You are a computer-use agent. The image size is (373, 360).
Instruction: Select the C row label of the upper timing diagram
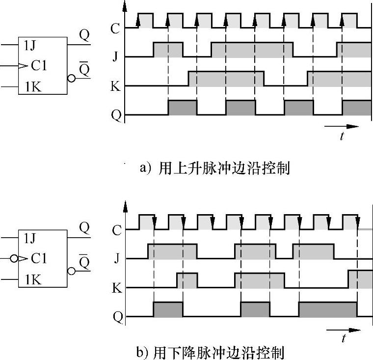point(115,28)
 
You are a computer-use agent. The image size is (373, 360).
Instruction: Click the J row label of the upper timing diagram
point(115,56)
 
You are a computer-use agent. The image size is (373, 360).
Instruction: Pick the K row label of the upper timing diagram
point(115,85)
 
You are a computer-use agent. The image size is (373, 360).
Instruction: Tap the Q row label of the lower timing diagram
point(116,317)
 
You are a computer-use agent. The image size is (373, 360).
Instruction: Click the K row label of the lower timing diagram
point(116,287)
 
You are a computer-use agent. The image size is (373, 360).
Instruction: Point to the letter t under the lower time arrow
point(344,338)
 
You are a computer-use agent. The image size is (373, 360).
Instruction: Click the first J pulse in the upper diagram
point(168,50)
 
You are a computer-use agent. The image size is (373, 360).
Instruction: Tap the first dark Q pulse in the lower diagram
point(168,310)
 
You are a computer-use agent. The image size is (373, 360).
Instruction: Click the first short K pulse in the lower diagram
point(187,280)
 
